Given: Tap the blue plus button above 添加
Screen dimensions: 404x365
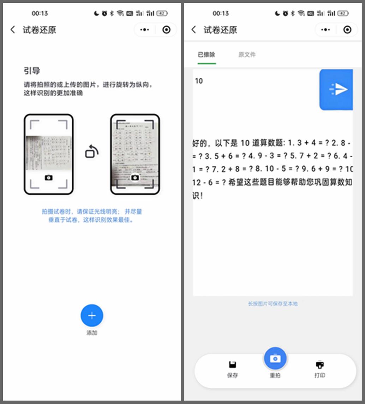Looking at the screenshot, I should point(92,315).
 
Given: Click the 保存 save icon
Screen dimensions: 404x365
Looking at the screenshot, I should point(232,365).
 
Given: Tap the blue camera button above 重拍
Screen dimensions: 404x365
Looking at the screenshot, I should point(275,358).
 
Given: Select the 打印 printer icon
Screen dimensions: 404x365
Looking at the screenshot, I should point(320,365).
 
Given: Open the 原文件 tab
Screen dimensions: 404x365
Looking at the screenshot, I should point(247,55).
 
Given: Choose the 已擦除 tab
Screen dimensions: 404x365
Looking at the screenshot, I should point(207,55).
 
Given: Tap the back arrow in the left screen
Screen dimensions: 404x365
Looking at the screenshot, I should point(13,30).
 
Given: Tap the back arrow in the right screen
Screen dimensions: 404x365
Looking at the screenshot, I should point(194,30).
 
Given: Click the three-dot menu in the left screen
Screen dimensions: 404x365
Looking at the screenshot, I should point(144,30).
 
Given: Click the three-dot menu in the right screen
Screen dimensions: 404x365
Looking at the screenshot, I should point(325,30).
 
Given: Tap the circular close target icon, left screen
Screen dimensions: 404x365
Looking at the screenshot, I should point(166,30).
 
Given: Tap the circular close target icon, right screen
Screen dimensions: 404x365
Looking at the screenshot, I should point(347,30).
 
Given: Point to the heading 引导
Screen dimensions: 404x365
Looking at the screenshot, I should point(32,71).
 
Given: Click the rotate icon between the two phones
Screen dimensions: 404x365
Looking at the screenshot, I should point(92,152).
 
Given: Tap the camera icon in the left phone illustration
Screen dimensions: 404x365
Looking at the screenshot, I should point(49,177).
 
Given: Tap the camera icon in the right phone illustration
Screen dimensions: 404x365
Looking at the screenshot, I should point(135,177).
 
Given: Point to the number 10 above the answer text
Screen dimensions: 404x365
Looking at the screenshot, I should point(199,81).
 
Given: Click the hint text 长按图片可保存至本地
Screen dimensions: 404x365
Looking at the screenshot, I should point(273,304).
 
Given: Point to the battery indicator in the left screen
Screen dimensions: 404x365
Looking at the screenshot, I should point(162,13).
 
